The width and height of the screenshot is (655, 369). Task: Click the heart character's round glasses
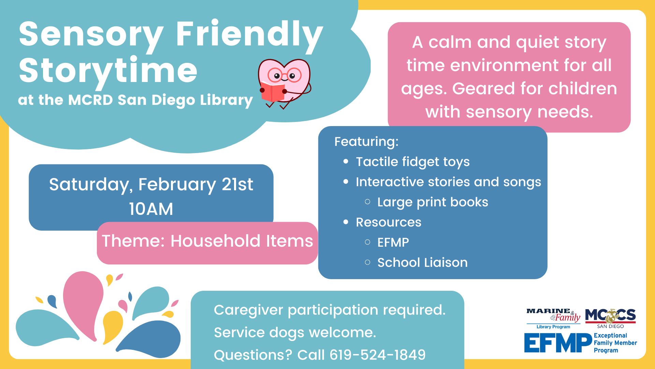(284, 75)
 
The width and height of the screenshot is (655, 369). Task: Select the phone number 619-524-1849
(377, 355)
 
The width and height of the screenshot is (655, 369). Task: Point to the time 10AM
(151, 209)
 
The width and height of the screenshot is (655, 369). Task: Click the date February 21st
(195, 184)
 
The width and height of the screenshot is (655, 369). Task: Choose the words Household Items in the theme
(242, 241)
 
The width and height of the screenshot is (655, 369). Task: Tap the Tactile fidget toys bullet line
(412, 162)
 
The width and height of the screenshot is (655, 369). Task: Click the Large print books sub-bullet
(432, 202)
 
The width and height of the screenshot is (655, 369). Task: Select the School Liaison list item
(422, 262)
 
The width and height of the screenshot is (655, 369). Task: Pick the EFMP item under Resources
(393, 242)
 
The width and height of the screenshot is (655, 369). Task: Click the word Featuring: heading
(366, 141)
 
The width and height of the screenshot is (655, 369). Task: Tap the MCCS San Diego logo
(610, 318)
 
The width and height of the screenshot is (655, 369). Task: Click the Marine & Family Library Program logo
(553, 318)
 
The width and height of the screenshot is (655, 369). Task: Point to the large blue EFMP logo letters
(558, 343)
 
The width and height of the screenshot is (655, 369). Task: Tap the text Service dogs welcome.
(295, 332)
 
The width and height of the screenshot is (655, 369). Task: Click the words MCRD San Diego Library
(160, 100)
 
